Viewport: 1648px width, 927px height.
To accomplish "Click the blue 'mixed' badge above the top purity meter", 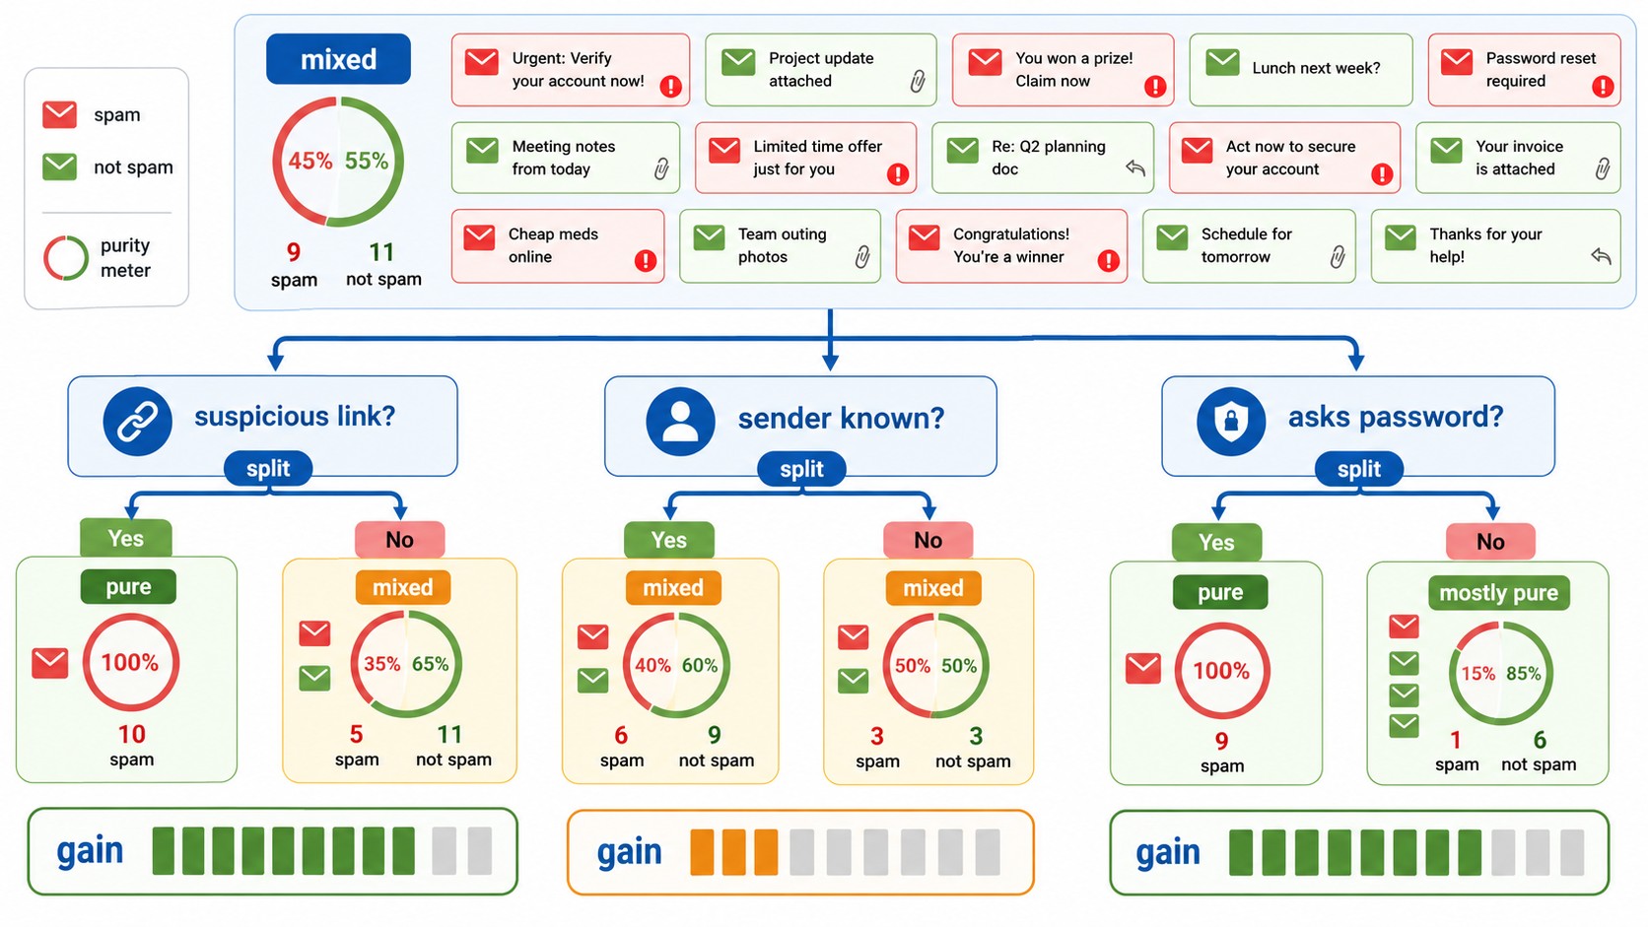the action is tap(338, 59).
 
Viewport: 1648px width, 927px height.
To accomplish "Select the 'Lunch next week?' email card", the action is tap(1301, 69).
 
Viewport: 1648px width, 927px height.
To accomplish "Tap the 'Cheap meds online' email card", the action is tap(558, 245).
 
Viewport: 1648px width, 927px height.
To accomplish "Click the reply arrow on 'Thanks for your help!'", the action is tap(1601, 256).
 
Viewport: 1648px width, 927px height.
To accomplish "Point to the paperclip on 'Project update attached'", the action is tap(918, 81).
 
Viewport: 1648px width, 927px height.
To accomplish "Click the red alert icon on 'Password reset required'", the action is tap(1603, 87).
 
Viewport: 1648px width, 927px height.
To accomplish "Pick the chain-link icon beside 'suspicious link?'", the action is tap(138, 422).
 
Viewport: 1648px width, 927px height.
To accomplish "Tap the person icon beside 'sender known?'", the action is tap(680, 422).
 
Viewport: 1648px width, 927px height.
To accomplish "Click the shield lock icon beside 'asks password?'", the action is tap(1231, 422).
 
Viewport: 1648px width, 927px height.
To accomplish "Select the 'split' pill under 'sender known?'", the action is tap(801, 469).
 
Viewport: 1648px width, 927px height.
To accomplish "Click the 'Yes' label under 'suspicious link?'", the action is tap(126, 538).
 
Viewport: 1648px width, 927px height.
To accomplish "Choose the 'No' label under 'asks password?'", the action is tap(1490, 542).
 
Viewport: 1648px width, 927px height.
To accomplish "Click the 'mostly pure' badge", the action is tap(1498, 592).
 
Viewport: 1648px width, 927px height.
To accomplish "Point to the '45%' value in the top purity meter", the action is tap(309, 161).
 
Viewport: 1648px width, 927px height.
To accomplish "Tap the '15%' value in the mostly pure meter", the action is tap(1478, 674).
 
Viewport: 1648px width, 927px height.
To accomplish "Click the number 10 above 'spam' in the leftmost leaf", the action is tap(132, 734).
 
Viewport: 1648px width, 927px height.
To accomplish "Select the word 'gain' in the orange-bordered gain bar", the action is tap(629, 852).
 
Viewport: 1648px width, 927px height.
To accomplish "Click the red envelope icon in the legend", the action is tap(59, 114).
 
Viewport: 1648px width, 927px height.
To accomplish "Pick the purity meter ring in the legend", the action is tap(66, 258).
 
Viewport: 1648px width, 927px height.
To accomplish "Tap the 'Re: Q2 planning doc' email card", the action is tap(1043, 158).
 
